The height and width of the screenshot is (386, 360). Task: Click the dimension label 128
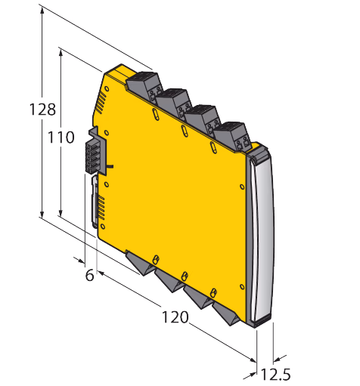click(x=42, y=110)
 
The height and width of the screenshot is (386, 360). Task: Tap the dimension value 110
click(x=61, y=137)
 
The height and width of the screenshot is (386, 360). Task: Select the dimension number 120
click(x=175, y=317)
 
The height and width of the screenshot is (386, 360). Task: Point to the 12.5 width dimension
click(x=275, y=374)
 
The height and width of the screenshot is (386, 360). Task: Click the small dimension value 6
click(x=90, y=275)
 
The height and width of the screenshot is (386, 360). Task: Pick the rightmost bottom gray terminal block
click(x=226, y=313)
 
